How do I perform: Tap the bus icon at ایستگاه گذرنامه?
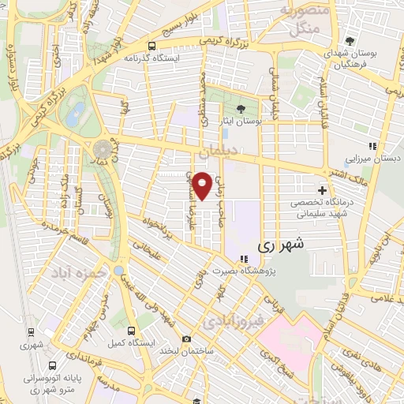pyautogui.click(x=150, y=46)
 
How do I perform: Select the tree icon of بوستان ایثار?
pyautogui.click(x=241, y=110)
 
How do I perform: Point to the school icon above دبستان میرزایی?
pyautogui.click(x=374, y=145)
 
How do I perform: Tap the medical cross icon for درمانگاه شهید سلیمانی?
pyautogui.click(x=322, y=190)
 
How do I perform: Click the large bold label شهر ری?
pyautogui.click(x=280, y=246)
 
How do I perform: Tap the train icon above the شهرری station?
pyautogui.click(x=30, y=335)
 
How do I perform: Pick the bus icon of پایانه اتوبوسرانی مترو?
pyautogui.click(x=52, y=365)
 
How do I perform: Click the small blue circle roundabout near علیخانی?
pyautogui.click(x=118, y=271)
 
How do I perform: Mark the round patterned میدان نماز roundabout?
pyautogui.click(x=103, y=149)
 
